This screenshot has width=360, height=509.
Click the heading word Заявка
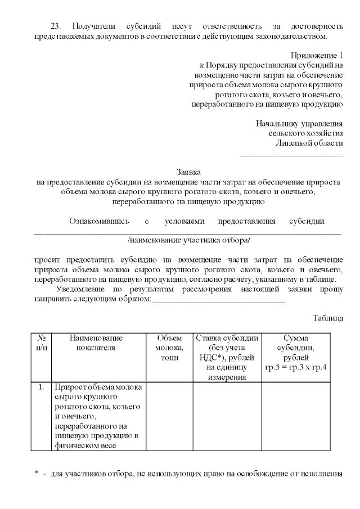coord(188,172)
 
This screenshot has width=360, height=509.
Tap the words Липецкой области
coord(309,142)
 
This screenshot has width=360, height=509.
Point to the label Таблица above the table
coord(327,318)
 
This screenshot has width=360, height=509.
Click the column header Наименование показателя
coord(96,343)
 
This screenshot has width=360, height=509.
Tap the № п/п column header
coord(41,343)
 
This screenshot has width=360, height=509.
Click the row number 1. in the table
coord(41,388)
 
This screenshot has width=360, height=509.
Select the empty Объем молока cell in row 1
coord(169,416)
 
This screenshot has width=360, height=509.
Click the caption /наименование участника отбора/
coord(188,240)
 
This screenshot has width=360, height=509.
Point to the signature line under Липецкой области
coord(291,154)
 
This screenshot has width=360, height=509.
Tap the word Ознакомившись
coord(99,221)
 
